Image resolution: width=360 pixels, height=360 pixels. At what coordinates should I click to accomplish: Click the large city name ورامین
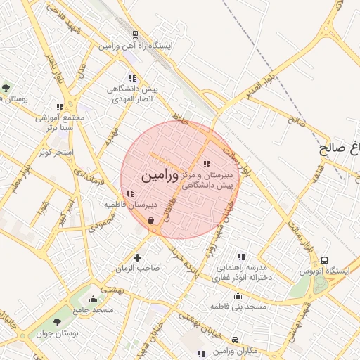(x=161, y=176)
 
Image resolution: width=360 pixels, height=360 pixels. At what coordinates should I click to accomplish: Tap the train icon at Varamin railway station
(x=134, y=34)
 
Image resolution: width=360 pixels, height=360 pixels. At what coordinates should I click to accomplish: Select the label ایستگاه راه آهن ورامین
(x=135, y=45)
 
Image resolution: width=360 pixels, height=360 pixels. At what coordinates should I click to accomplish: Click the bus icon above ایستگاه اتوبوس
(x=324, y=260)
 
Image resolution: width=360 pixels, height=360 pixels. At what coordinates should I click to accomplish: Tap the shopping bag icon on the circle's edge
(x=151, y=221)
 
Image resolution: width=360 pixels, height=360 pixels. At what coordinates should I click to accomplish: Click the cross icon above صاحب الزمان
(x=137, y=258)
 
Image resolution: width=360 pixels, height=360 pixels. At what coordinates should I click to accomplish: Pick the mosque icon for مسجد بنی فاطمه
(x=238, y=295)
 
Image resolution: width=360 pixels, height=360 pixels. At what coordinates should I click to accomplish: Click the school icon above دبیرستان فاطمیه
(x=129, y=193)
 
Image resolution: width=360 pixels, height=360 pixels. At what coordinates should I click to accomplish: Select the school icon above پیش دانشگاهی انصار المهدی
(x=131, y=78)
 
